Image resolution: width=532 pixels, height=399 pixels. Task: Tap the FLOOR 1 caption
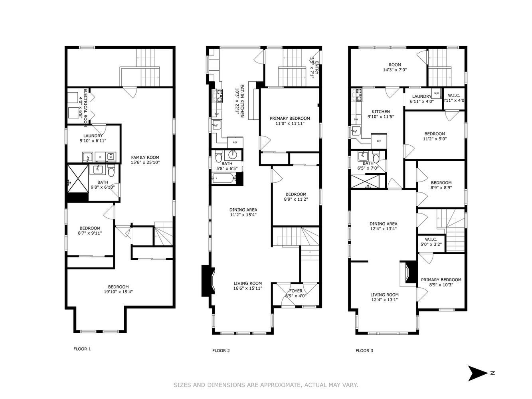[82, 349]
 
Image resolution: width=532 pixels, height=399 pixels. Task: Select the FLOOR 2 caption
[221, 351]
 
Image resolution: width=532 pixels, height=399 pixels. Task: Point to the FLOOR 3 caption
[364, 351]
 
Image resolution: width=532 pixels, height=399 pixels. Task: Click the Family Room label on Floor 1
[145, 157]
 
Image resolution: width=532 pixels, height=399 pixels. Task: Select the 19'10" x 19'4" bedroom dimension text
[118, 292]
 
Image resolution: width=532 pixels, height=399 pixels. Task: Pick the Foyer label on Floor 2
[296, 291]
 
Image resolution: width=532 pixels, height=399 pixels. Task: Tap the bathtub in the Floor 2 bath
[224, 178]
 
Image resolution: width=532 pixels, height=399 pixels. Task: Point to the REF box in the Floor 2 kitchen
[235, 142]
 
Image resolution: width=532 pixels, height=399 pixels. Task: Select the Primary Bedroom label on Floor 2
[290, 118]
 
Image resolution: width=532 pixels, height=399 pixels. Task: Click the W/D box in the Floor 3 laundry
[436, 94]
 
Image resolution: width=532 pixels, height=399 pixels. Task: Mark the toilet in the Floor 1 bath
[111, 172]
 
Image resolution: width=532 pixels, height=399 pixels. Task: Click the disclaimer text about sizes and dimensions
[266, 385]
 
